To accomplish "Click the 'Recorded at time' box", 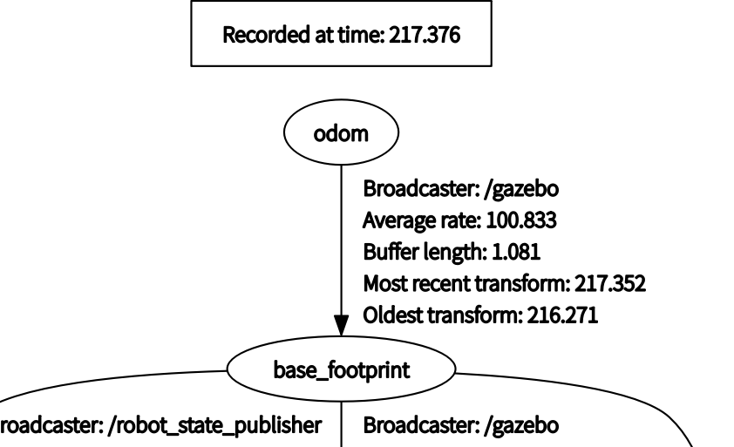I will click(341, 37).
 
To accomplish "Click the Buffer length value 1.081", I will click(516, 253).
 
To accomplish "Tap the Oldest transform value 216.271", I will click(563, 315).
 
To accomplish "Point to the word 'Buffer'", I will click(385, 253).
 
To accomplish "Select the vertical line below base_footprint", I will click(342, 423).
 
